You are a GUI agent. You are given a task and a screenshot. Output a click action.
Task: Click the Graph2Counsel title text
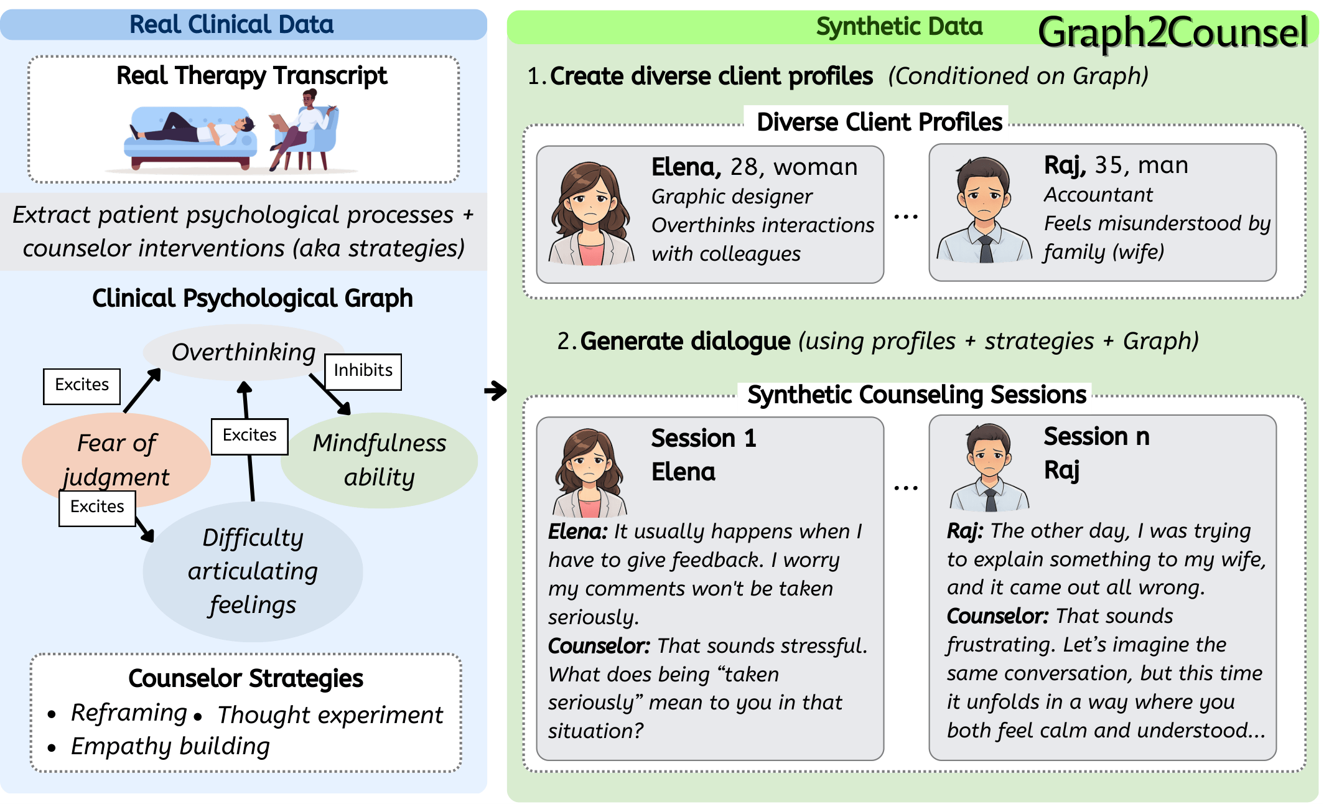coord(1172,32)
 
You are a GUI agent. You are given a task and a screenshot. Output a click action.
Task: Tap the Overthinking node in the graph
coord(243,352)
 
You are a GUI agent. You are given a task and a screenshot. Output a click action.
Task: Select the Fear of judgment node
coord(116,459)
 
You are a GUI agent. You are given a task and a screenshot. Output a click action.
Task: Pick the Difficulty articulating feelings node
coord(253,571)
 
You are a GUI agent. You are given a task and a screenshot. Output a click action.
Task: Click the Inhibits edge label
coord(363,372)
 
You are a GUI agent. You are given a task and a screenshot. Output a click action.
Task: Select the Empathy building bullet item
coord(170,747)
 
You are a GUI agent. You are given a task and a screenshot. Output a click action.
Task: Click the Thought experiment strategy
coord(330,716)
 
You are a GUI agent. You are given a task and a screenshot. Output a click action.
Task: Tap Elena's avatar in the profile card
coord(590,213)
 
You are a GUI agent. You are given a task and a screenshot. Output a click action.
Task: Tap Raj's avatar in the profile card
coord(984,210)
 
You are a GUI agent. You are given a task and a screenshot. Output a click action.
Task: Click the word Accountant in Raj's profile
coord(1098,195)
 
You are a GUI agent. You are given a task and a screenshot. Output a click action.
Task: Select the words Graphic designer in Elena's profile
coord(732,197)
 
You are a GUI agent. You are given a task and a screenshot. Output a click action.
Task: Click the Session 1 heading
coord(704,439)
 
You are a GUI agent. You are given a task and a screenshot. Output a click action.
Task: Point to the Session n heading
coord(1096,437)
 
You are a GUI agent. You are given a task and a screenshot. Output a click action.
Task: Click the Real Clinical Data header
coord(231,25)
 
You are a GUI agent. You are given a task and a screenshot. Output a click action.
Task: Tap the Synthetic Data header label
coord(899,27)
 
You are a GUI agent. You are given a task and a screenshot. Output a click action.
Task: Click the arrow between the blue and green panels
coord(496,391)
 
